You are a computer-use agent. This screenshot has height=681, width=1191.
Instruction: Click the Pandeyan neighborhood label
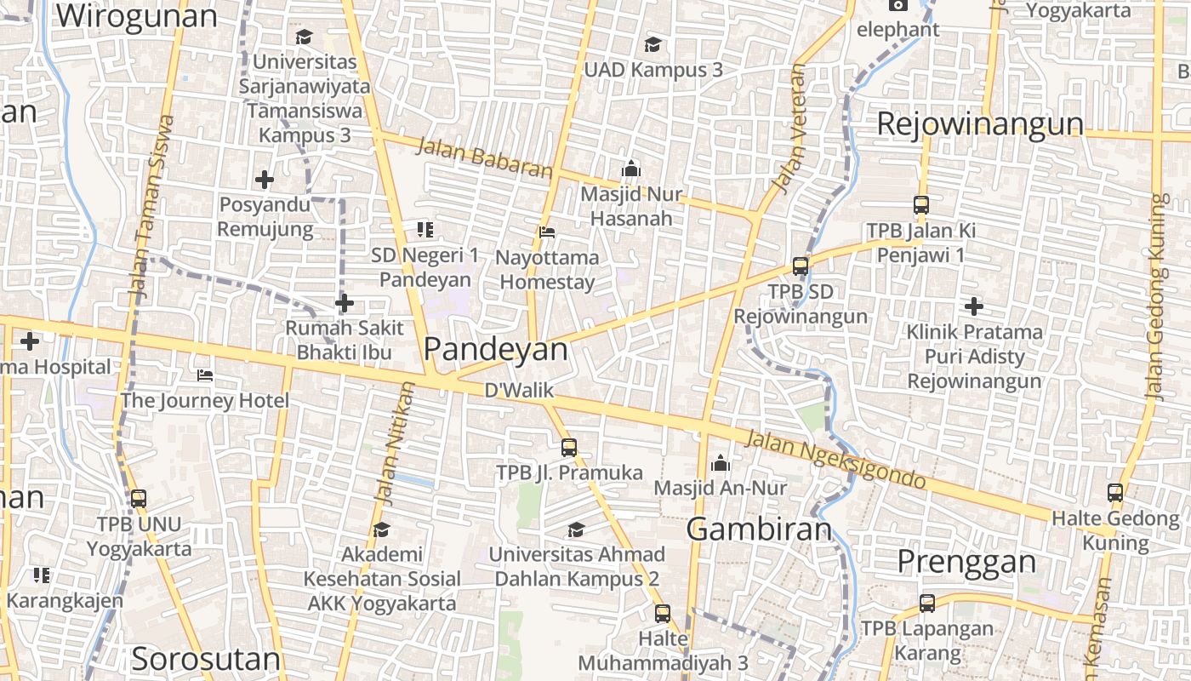coord(495,349)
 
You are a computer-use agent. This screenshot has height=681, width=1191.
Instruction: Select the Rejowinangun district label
coord(980,124)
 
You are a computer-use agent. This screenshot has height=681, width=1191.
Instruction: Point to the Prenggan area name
coord(967,562)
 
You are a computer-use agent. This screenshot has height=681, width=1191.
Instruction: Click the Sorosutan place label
coord(206,659)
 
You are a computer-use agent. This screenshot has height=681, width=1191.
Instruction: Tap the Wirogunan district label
coord(136,16)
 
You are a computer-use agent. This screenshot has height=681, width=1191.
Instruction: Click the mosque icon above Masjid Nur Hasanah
coord(631,169)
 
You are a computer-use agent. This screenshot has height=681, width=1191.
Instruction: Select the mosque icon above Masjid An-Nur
coord(721,463)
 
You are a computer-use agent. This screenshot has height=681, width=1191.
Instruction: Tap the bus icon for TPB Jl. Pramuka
coord(569,447)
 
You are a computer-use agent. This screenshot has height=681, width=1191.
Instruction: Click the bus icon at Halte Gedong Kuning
coord(1115,493)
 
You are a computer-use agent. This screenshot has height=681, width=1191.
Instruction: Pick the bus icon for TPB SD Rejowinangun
coord(801,266)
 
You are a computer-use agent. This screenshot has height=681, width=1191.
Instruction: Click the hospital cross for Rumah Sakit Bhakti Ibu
coord(345,303)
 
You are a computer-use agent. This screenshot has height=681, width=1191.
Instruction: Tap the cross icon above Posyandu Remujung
coord(265,180)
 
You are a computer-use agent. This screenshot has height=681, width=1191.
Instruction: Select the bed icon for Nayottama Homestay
coord(547,232)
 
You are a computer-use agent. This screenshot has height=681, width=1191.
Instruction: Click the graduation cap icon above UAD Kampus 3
coord(652,44)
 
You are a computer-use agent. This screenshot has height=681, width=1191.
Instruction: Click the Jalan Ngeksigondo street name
coord(835,461)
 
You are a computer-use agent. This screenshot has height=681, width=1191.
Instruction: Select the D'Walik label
coord(519,391)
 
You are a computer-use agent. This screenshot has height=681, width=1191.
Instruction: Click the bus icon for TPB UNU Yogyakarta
coord(139,499)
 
